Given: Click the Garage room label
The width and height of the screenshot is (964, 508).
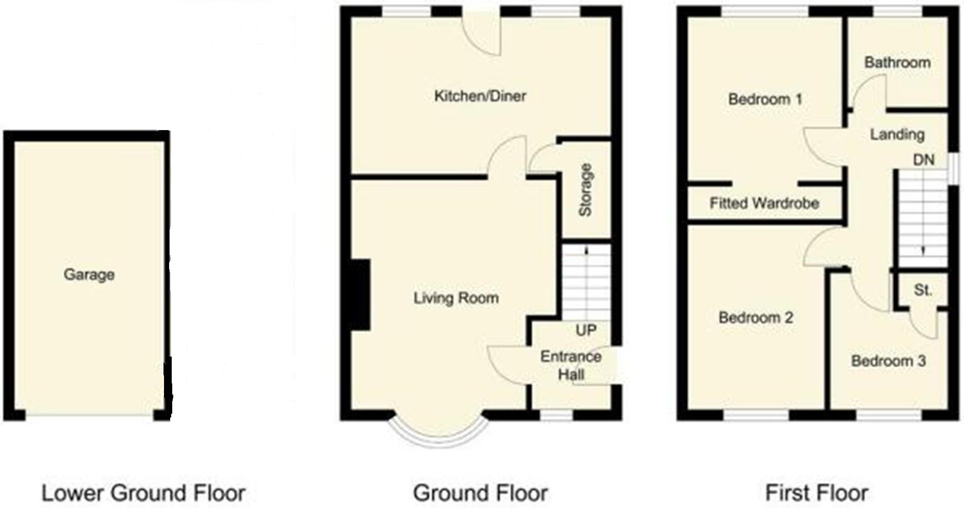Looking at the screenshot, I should (x=89, y=275).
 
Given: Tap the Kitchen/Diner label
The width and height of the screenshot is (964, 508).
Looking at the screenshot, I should (x=480, y=96).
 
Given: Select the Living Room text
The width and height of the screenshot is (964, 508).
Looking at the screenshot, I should (x=456, y=298).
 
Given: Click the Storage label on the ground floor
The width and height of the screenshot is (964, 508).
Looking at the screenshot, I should (x=586, y=190).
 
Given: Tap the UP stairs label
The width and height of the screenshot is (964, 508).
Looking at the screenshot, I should (x=586, y=330).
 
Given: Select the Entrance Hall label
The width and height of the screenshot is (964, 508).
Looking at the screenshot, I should (x=571, y=365).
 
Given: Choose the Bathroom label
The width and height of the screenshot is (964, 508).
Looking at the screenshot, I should (x=897, y=63).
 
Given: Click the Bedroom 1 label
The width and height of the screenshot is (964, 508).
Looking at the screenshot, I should (x=765, y=99).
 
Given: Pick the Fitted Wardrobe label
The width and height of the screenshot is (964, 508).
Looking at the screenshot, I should (x=764, y=204).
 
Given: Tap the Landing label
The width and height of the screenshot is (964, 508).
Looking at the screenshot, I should (x=897, y=135).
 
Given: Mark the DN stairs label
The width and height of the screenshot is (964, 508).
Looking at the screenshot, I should (x=923, y=160).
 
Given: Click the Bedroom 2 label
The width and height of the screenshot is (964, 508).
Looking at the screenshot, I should (x=755, y=318).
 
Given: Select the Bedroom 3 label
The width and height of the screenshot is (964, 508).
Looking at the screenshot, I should (x=888, y=361).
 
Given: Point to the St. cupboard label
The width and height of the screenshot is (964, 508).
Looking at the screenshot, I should (x=923, y=291).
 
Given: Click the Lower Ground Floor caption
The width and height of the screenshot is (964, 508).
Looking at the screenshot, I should (x=143, y=493).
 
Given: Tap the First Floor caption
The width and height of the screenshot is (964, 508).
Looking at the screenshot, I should (x=816, y=493).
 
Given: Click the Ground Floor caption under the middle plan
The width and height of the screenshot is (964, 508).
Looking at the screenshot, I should (x=480, y=493).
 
